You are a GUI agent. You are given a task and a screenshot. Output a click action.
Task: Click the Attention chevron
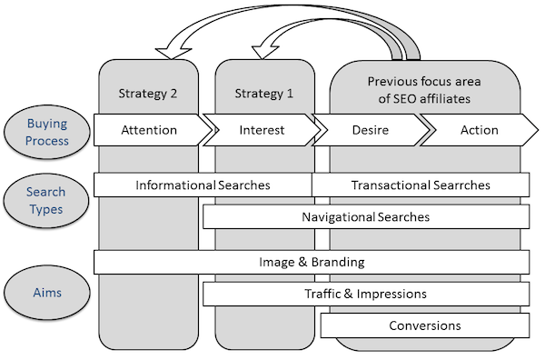[149, 130]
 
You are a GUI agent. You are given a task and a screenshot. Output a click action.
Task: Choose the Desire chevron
[370, 130]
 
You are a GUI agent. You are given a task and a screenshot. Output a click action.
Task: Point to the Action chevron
[479, 130]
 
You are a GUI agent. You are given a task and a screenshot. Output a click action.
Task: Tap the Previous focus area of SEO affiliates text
[425, 89]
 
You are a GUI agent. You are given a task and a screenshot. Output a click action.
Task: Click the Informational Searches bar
[203, 185]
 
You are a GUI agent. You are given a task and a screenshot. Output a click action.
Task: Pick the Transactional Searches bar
[421, 185]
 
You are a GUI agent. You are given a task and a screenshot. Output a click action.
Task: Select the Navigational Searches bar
[365, 217]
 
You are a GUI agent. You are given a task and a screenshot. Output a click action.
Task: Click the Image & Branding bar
[311, 262]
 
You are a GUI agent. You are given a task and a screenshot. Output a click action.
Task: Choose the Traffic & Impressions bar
[365, 294]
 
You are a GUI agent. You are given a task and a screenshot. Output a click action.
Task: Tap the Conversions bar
[424, 325]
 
